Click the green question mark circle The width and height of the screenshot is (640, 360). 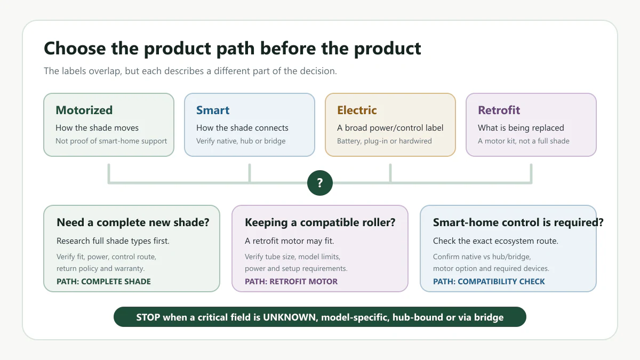click(319, 183)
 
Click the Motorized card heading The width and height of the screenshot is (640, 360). click(84, 110)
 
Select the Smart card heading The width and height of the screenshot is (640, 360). click(213, 110)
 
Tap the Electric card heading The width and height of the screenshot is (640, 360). click(357, 110)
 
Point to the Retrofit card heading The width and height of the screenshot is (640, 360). click(499, 110)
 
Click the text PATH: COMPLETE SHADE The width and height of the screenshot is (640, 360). click(103, 282)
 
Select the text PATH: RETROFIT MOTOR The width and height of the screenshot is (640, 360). click(291, 282)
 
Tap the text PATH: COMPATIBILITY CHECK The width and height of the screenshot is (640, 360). click(489, 282)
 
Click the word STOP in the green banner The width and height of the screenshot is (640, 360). click(148, 317)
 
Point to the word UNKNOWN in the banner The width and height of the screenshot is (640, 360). click(289, 317)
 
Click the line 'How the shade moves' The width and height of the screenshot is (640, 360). click(97, 127)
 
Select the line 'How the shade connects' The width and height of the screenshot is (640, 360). click(242, 127)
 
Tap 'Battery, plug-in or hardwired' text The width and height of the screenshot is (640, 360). click(385, 141)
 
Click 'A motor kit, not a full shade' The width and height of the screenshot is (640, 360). click(523, 141)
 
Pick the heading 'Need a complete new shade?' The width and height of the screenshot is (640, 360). click(133, 222)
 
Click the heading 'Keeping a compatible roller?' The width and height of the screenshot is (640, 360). click(320, 222)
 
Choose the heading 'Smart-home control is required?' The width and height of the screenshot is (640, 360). click(518, 222)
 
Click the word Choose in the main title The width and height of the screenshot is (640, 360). click(75, 49)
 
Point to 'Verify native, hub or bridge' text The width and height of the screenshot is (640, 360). click(241, 141)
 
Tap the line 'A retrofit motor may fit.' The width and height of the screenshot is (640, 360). click(289, 241)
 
